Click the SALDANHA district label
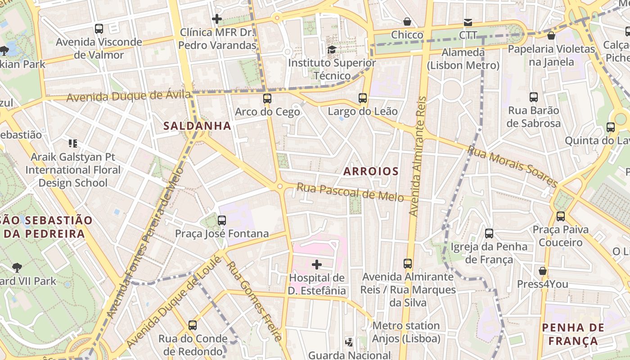point(197,126)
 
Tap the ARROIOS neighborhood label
point(371,171)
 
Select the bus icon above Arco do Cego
point(267,98)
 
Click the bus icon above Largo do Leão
point(363,98)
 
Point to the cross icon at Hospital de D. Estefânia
point(317,264)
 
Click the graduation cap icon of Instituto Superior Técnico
point(332,49)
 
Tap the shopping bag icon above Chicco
point(407,22)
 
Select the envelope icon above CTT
point(468,22)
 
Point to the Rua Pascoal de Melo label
point(350,193)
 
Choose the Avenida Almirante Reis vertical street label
point(417,155)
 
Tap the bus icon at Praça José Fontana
point(221,220)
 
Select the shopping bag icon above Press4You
point(543,271)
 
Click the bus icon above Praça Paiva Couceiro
point(560,216)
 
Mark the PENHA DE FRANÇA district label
point(573,334)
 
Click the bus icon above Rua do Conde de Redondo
point(193,325)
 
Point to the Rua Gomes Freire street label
point(255,301)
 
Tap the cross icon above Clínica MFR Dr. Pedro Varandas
point(217,19)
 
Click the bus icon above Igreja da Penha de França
point(489,233)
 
